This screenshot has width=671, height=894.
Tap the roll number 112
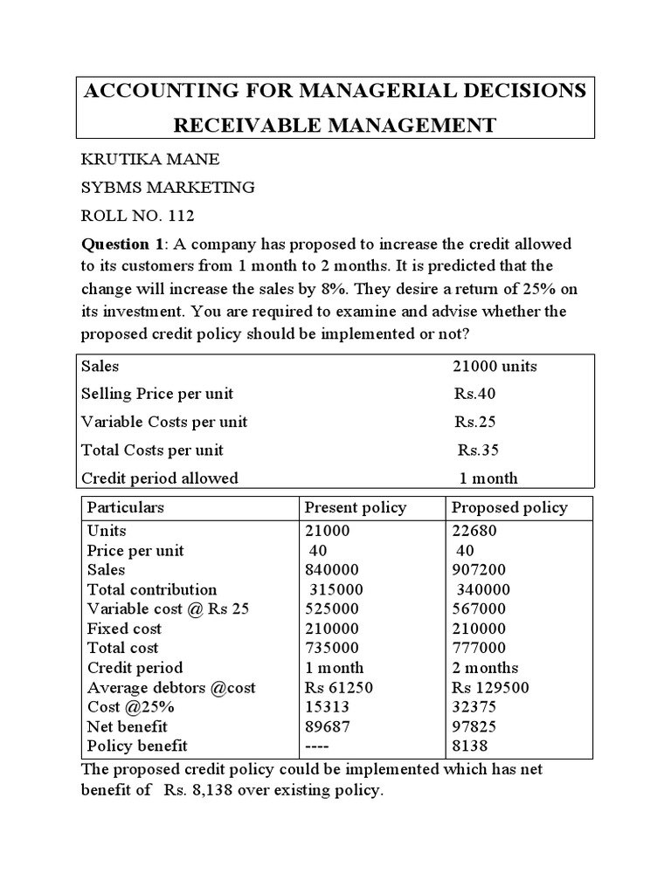(173, 217)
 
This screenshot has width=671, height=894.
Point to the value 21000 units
(494, 366)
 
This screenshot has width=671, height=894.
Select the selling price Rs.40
(474, 394)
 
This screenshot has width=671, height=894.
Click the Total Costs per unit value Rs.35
(479, 450)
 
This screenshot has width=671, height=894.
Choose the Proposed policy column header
(508, 508)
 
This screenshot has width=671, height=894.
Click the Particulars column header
(126, 508)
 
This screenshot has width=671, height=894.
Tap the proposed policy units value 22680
(474, 531)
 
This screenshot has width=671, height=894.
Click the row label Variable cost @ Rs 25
(168, 609)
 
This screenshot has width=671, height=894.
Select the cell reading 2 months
(484, 668)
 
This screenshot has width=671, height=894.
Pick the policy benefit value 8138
(469, 746)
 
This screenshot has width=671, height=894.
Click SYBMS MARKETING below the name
(168, 188)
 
